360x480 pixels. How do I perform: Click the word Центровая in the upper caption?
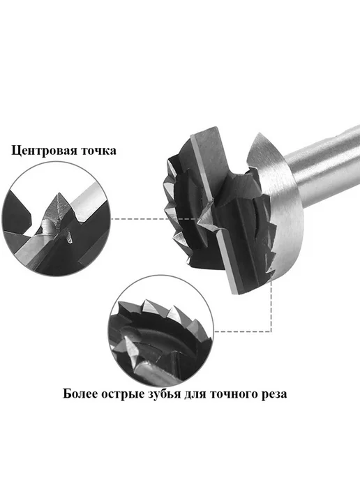point(43,151)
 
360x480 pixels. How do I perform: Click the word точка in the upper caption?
point(98,151)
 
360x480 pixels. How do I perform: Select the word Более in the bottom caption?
point(80,393)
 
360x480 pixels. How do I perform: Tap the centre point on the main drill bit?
point(200,218)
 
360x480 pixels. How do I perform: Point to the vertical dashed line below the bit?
point(271,306)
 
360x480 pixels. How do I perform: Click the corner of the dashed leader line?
point(271,331)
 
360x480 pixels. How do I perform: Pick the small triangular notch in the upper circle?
point(70,237)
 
